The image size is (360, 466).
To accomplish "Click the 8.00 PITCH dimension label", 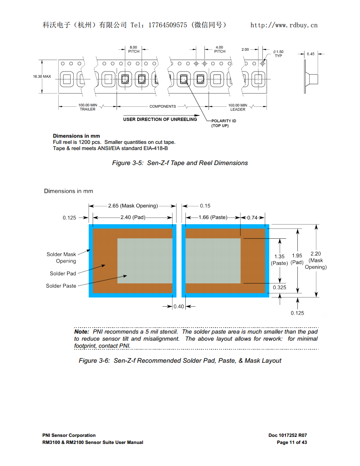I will [x=134, y=49].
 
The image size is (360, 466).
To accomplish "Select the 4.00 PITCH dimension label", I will [x=219, y=49].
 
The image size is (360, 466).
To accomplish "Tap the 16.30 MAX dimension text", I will [x=42, y=76].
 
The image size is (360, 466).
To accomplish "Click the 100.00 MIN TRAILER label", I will [x=87, y=107].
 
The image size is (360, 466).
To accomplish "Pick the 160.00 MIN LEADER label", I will [x=238, y=107].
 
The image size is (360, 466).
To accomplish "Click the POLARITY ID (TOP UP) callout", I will [x=224, y=123].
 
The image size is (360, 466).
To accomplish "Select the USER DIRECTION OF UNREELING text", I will [x=160, y=119].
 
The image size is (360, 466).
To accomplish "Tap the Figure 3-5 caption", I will [x=180, y=163].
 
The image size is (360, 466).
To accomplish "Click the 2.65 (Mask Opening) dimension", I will [x=133, y=206].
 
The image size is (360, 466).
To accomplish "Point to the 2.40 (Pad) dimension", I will [x=133, y=218].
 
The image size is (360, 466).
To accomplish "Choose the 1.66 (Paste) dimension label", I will [x=213, y=218].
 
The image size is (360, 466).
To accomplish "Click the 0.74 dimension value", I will [x=252, y=218].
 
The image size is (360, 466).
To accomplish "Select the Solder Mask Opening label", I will [x=61, y=258].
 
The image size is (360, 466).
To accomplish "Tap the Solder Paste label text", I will [x=61, y=286].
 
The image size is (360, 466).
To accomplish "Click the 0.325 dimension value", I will [x=279, y=287].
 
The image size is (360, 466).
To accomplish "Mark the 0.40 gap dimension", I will [x=179, y=307].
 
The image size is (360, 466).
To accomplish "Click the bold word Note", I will [x=82, y=331].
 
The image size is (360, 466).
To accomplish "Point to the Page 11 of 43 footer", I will [x=292, y=442].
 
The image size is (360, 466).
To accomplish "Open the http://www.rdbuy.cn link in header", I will [x=284, y=25].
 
